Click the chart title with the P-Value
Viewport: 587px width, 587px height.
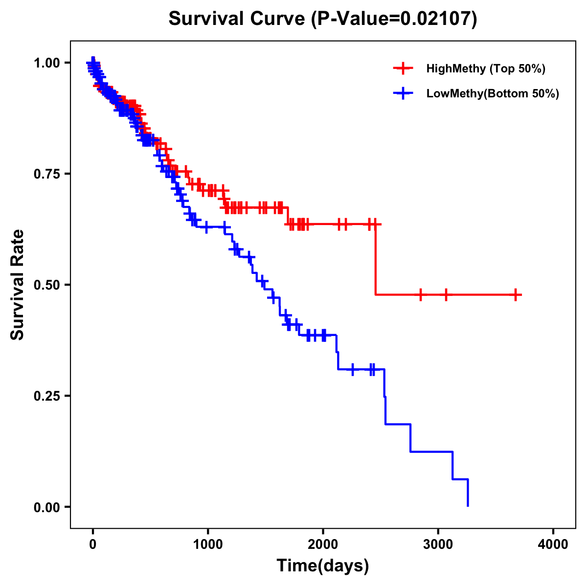click(x=322, y=19)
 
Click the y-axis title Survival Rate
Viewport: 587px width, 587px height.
click(x=18, y=284)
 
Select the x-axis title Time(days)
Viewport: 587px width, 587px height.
click(x=322, y=565)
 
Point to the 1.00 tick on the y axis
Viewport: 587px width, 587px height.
click(x=46, y=63)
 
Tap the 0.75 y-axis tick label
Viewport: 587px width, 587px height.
click(x=46, y=174)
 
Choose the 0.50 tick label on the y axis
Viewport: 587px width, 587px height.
click(x=46, y=285)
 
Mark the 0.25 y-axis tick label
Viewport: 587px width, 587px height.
click(x=46, y=396)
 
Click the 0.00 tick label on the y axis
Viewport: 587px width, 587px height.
click(x=46, y=507)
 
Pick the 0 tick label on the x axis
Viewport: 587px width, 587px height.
click(x=93, y=544)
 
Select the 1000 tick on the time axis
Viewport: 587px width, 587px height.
click(x=208, y=544)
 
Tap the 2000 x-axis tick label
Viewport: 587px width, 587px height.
click(x=323, y=544)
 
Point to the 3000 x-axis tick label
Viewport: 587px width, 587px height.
click(x=438, y=544)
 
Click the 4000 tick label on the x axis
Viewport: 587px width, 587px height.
click(x=553, y=544)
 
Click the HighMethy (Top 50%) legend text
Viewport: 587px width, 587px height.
click(x=486, y=68)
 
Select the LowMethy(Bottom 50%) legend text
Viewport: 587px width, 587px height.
click(x=493, y=93)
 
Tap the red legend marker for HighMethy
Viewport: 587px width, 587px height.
click(x=403, y=68)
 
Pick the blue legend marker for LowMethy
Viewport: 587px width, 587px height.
click(x=403, y=93)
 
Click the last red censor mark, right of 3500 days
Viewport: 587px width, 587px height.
click(x=516, y=295)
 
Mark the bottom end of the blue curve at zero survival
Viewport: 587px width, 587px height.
click(x=468, y=505)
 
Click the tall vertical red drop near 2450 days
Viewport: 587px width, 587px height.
click(x=376, y=259)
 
